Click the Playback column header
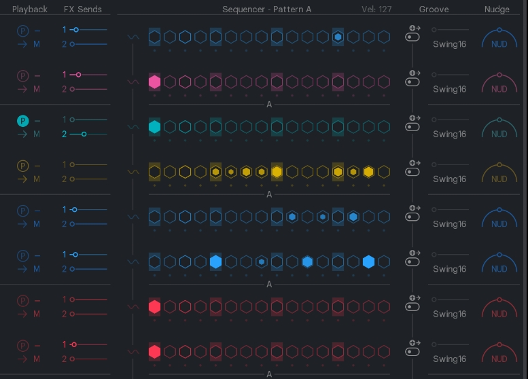click(x=30, y=10)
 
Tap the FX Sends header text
click(x=82, y=10)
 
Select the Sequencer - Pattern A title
click(x=266, y=10)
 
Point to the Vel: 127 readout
click(x=377, y=10)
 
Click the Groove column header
click(x=434, y=10)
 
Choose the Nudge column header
click(x=497, y=10)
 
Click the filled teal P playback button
click(x=22, y=121)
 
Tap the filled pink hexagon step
click(x=154, y=82)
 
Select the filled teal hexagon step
click(x=154, y=127)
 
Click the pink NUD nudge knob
click(x=499, y=86)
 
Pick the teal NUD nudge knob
click(x=499, y=130)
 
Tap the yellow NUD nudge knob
click(x=499, y=175)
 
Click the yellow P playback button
click(x=22, y=166)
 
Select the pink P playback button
click(x=22, y=76)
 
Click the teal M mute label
click(x=37, y=134)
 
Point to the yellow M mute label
click(x=37, y=179)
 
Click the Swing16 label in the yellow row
click(x=450, y=179)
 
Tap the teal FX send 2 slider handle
click(x=84, y=134)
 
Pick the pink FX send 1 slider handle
click(x=78, y=75)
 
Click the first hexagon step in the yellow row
click(x=154, y=172)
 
